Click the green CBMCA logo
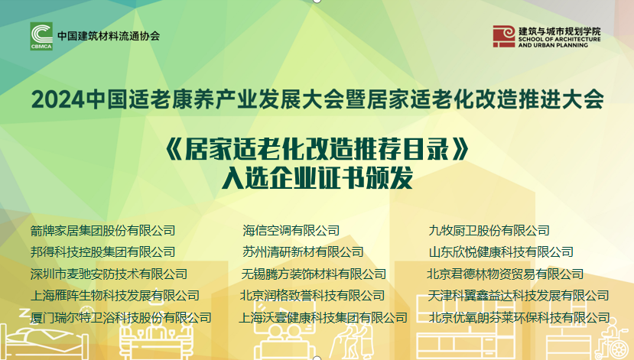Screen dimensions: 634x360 pyautogui.click(x=41, y=36)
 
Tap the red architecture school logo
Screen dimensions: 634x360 pyautogui.click(x=503, y=37)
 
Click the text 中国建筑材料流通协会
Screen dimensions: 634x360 pyautogui.click(x=109, y=36)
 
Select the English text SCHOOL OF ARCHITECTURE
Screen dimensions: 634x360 pyautogui.click(x=559, y=40)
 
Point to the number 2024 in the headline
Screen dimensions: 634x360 pyautogui.click(x=58, y=99)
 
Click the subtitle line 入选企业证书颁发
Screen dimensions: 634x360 pyautogui.click(x=317, y=178)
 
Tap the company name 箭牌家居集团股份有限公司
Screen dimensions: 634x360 pyautogui.click(x=102, y=231)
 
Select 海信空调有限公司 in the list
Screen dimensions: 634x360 pyautogui.click(x=291, y=231)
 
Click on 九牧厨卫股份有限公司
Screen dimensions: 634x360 pyautogui.click(x=489, y=231)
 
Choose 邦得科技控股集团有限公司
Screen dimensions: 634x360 pyautogui.click(x=102, y=252)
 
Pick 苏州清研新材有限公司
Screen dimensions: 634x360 pyautogui.click(x=303, y=252)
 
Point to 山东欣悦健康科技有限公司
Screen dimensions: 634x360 pyautogui.click(x=501, y=252)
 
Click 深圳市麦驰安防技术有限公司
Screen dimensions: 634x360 pyautogui.click(x=109, y=274)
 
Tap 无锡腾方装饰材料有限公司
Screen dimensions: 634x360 pyautogui.click(x=314, y=274)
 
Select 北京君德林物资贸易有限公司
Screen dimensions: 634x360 pyautogui.click(x=506, y=274)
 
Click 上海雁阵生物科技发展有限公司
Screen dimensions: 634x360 pyautogui.click(x=115, y=295)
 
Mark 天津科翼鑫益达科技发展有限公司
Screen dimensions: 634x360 pyautogui.click(x=519, y=295)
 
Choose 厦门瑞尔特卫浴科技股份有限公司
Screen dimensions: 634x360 pyautogui.click(x=121, y=317)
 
